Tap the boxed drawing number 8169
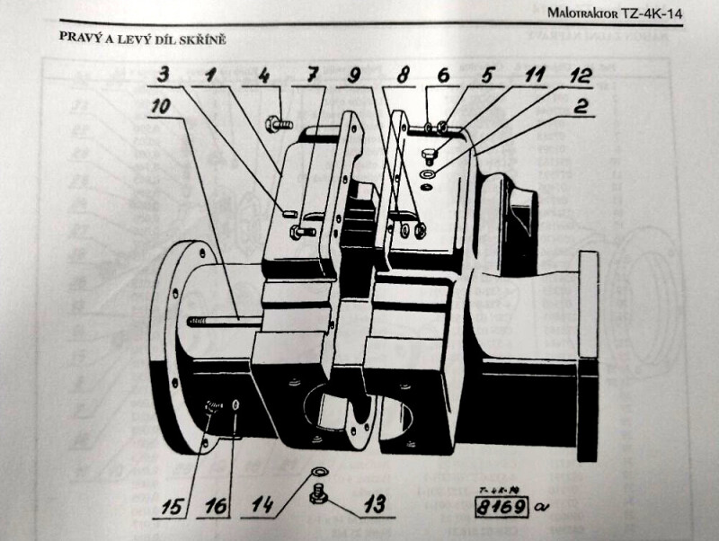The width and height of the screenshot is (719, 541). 502,507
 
